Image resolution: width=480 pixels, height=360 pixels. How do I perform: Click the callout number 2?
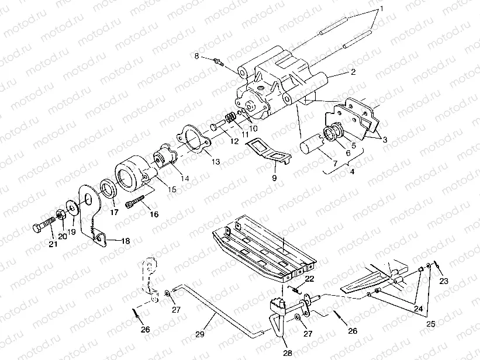pos(353,73)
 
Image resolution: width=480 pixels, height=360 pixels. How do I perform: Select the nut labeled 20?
pos(60,216)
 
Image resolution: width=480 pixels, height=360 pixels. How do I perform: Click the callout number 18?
pos(125,241)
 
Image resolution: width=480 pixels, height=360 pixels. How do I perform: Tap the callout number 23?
pos(444,281)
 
